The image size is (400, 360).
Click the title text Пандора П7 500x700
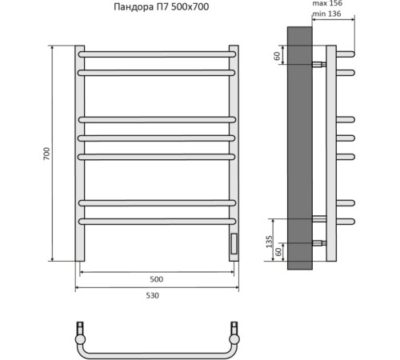pyautogui.click(x=165, y=7)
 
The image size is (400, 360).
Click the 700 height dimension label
pyautogui.click(x=46, y=153)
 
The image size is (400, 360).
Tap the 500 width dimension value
pyautogui.click(x=156, y=280)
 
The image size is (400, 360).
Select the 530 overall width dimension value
pyautogui.click(x=152, y=296)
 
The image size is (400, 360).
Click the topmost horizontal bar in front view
pyautogui.click(x=158, y=54)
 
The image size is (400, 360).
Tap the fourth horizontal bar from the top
pyautogui.click(x=158, y=138)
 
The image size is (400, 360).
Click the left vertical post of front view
pyautogui.click(x=80, y=152)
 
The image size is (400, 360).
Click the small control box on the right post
pyautogui.click(x=234, y=243)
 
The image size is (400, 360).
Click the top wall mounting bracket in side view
pyautogui.click(x=318, y=63)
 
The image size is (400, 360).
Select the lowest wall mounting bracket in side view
pyautogui.click(x=318, y=242)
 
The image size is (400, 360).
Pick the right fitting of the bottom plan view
pyautogui.click(x=234, y=330)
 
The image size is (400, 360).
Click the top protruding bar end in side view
pyautogui.click(x=346, y=54)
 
